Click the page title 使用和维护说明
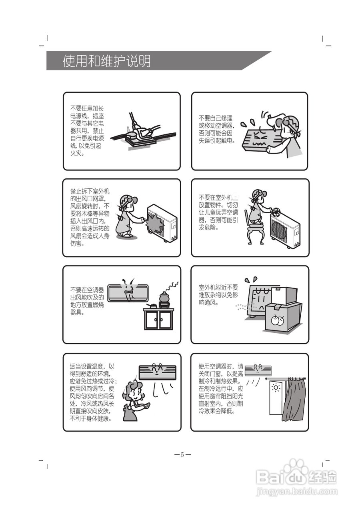click(x=106, y=61)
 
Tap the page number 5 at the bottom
click(x=182, y=455)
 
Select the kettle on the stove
click(x=164, y=297)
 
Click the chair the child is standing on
click(x=256, y=232)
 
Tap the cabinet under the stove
click(x=158, y=319)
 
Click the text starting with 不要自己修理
click(x=216, y=129)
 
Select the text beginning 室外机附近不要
click(x=218, y=295)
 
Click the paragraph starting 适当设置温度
click(x=93, y=392)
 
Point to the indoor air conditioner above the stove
click(x=128, y=293)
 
